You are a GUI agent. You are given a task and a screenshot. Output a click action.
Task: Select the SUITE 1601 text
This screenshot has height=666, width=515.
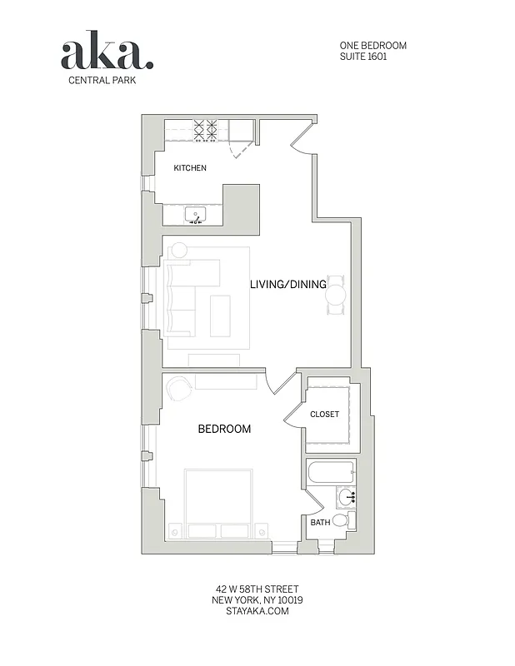pyautogui.click(x=362, y=57)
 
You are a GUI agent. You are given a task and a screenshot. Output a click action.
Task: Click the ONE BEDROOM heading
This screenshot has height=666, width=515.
pyautogui.click(x=372, y=45)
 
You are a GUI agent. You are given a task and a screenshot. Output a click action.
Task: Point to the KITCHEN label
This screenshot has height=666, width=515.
pyautogui.click(x=190, y=168)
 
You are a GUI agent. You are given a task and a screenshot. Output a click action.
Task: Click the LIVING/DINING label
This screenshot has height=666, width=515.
pyautogui.click(x=288, y=285)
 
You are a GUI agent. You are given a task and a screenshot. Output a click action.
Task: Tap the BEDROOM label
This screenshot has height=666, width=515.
pyautogui.click(x=224, y=430)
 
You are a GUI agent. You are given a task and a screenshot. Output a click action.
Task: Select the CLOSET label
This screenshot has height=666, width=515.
pyautogui.click(x=324, y=414)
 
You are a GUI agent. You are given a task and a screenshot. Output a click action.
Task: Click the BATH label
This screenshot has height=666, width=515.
pyautogui.click(x=320, y=523)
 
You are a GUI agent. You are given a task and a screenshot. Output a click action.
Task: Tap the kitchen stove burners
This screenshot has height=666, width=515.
pyautogui.click(x=206, y=129)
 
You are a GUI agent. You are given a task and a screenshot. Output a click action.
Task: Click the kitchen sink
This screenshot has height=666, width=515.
pyautogui.click(x=197, y=216)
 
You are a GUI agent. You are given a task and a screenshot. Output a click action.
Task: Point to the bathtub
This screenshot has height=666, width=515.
pyautogui.click(x=331, y=475)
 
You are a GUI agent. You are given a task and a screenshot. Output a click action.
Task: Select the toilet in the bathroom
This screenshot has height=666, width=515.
pyautogui.click(x=340, y=520)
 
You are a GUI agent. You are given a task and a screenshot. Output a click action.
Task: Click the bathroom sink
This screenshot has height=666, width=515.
pyautogui.click(x=347, y=498)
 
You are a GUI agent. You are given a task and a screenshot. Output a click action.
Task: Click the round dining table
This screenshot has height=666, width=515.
pyautogui.click(x=335, y=294)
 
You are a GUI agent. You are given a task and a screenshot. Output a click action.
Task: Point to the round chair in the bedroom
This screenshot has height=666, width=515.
pyautogui.click(x=178, y=388)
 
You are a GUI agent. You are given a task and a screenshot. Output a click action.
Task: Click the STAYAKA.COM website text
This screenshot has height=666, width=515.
pyautogui.click(x=257, y=610)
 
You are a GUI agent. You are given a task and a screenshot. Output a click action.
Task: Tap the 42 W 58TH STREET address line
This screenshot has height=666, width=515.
pyautogui.click(x=257, y=589)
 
